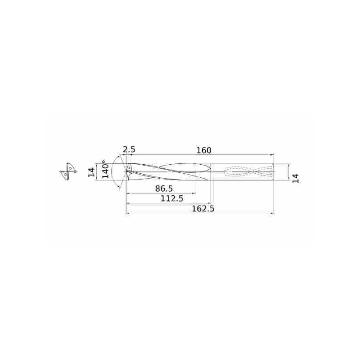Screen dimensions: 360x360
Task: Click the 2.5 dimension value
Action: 129,150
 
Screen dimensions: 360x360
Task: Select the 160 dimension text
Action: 204,150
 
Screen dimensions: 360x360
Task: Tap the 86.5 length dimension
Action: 164,189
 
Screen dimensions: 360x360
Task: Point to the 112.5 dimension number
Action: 172,198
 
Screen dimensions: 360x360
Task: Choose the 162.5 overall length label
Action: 203,209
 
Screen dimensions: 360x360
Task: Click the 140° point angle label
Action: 105,169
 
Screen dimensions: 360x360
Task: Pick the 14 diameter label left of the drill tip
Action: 92,172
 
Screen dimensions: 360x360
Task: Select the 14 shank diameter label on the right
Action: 296,178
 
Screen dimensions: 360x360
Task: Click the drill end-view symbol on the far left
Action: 68,172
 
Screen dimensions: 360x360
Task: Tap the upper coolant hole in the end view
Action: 70,168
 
